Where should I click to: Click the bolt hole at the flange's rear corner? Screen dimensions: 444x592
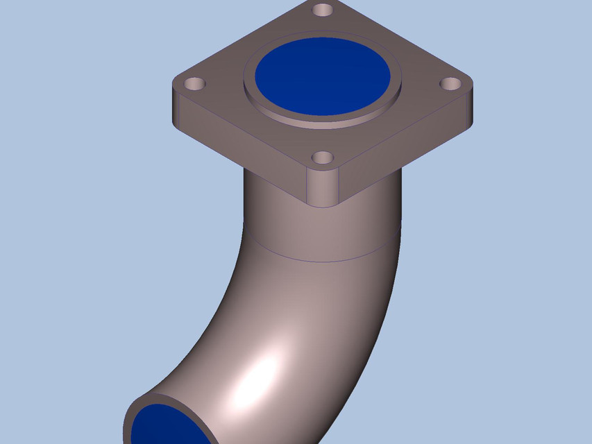323,10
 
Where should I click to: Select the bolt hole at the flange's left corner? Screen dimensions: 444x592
195,85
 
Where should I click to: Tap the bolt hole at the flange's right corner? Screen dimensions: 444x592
451,84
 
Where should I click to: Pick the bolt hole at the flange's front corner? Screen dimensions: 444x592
322,158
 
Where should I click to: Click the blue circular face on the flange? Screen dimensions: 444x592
323,76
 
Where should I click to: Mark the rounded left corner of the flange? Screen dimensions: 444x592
177,111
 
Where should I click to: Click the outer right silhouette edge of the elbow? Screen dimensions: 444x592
389,326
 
